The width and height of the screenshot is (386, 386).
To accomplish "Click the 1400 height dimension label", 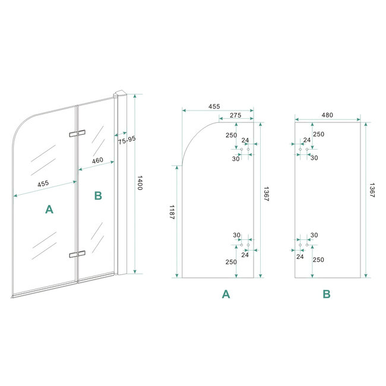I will (140, 183).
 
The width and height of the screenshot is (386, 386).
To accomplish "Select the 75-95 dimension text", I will (126, 141).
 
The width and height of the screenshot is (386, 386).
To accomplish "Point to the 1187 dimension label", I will (172, 213).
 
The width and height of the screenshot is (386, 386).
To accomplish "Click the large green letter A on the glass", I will (49, 208).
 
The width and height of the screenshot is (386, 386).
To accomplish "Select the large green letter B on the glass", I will (98, 195).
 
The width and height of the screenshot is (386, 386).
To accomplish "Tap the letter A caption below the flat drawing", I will (226, 293).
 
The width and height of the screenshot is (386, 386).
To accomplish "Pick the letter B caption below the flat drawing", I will (327, 293).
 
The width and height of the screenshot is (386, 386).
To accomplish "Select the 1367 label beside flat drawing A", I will (266, 194).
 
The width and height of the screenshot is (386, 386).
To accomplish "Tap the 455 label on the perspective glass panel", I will (43, 184).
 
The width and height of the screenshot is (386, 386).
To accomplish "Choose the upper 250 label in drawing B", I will (319, 134).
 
